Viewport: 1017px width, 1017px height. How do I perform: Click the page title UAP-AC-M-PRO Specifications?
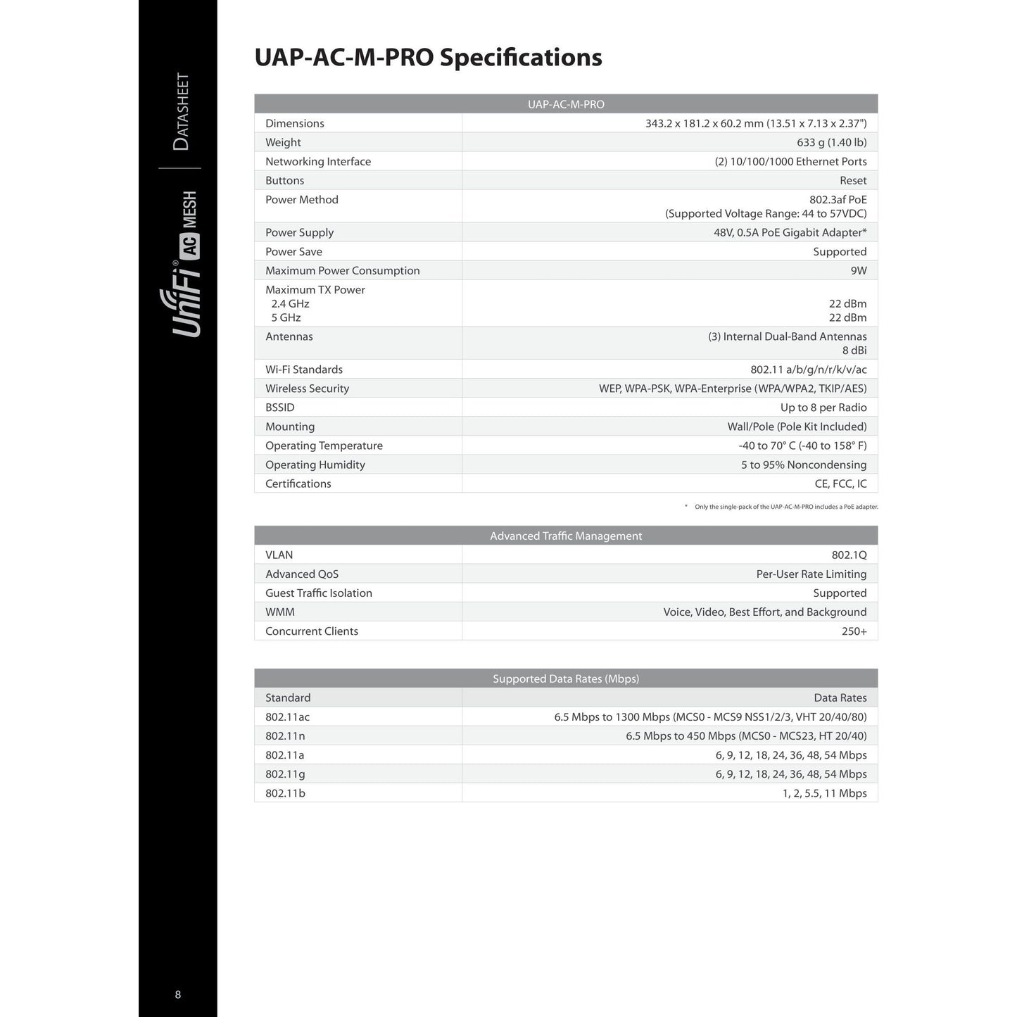(428, 58)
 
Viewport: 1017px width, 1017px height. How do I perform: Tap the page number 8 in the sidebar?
(178, 994)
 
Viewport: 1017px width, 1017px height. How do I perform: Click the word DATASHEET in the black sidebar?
(181, 111)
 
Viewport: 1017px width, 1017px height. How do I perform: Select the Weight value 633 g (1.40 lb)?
(831, 142)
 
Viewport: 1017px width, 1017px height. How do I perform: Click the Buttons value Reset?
(853, 181)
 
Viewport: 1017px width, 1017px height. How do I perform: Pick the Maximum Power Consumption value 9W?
(858, 271)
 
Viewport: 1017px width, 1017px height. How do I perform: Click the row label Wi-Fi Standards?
(304, 369)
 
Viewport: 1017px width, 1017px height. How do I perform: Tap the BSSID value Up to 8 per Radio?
(823, 408)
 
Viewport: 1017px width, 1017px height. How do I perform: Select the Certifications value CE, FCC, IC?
(840, 484)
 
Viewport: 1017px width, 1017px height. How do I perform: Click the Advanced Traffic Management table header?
(566, 536)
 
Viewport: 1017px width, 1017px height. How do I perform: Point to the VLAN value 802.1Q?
(849, 555)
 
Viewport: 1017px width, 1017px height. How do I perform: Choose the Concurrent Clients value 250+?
(854, 631)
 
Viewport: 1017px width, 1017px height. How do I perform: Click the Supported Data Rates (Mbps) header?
(566, 679)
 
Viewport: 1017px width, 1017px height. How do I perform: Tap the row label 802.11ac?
(287, 717)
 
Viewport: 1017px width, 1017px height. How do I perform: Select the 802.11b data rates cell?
(824, 793)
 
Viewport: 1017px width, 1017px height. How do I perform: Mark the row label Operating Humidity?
(315, 465)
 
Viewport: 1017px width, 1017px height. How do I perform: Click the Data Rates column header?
(840, 698)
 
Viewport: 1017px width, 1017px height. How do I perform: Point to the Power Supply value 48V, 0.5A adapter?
(790, 233)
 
